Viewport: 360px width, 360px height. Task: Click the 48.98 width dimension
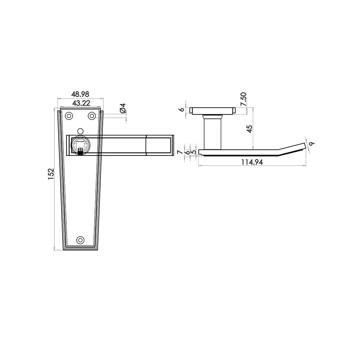coord(80,94)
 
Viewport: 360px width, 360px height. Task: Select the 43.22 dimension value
coord(81,103)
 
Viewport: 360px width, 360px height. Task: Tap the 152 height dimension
coord(51,174)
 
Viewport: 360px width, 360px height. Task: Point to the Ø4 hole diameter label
coord(123,108)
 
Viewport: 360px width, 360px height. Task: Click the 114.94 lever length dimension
coord(252,162)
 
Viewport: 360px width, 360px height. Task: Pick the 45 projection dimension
coord(249,129)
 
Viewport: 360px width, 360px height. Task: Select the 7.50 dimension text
coord(243,99)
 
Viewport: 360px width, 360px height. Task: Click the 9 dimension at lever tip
coord(311,144)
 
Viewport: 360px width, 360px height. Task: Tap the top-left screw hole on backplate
coord(69,116)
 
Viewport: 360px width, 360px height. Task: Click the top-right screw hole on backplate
coord(92,116)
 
